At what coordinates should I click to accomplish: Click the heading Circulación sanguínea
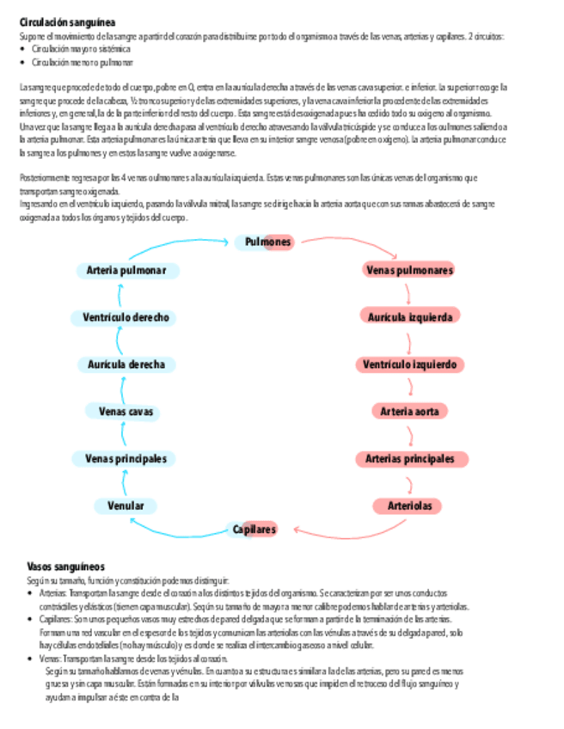click(70, 21)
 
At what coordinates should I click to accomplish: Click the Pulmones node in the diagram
click(267, 242)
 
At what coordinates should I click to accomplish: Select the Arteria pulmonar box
click(126, 271)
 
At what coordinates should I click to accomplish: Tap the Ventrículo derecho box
click(126, 317)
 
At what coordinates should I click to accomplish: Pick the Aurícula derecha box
click(126, 364)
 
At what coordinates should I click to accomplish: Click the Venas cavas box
click(126, 412)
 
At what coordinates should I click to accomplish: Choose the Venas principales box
click(126, 459)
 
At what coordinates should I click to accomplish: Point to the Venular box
click(126, 505)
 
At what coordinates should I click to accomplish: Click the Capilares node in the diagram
click(254, 530)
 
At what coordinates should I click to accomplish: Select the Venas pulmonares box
click(409, 270)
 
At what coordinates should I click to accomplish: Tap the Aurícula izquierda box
click(409, 317)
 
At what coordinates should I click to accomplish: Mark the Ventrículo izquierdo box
click(409, 364)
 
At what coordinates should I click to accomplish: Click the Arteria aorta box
click(409, 412)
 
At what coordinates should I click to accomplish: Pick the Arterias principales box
click(409, 459)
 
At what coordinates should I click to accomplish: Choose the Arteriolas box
click(409, 505)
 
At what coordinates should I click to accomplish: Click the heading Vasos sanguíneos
click(65, 567)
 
